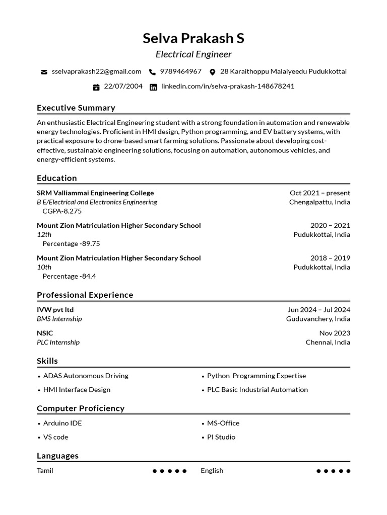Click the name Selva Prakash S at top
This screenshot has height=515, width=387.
click(x=193, y=38)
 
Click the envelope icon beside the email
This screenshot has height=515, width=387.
click(x=44, y=72)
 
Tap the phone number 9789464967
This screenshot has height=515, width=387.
click(x=180, y=71)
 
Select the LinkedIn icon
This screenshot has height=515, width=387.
click(x=153, y=87)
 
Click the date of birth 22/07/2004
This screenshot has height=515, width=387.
click(x=123, y=86)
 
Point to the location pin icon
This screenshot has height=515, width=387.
click(x=212, y=72)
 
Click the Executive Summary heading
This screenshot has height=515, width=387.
click(x=76, y=108)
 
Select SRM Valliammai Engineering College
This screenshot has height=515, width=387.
click(x=95, y=193)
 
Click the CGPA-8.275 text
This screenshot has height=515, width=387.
click(x=62, y=211)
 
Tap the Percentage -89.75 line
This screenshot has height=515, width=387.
click(x=71, y=243)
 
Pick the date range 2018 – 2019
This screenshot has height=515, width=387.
click(x=330, y=258)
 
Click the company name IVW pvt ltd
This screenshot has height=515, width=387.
click(x=55, y=310)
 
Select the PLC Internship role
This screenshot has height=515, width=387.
click(x=58, y=342)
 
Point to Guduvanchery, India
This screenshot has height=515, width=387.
click(x=318, y=319)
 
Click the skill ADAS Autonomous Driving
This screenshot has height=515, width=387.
click(x=86, y=376)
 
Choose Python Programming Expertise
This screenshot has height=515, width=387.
click(x=256, y=376)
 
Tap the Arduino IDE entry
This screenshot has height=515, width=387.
click(x=62, y=423)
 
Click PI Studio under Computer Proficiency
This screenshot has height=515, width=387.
click(x=221, y=437)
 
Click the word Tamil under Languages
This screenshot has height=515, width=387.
click(x=45, y=471)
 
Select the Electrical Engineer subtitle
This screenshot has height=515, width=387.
click(x=193, y=54)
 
